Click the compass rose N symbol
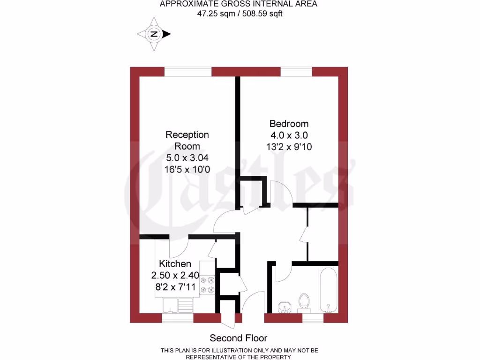click(153, 34)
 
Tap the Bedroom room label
click(289, 124)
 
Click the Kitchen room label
click(175, 263)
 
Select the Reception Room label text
click(187, 140)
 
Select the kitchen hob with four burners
click(208, 285)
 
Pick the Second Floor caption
click(238, 338)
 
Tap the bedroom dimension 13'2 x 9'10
click(289, 147)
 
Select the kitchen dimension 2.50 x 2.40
click(175, 275)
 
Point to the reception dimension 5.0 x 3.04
click(187, 157)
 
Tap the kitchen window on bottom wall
click(178, 318)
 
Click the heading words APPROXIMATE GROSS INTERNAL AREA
click(239, 4)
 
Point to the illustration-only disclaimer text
click(240, 353)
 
